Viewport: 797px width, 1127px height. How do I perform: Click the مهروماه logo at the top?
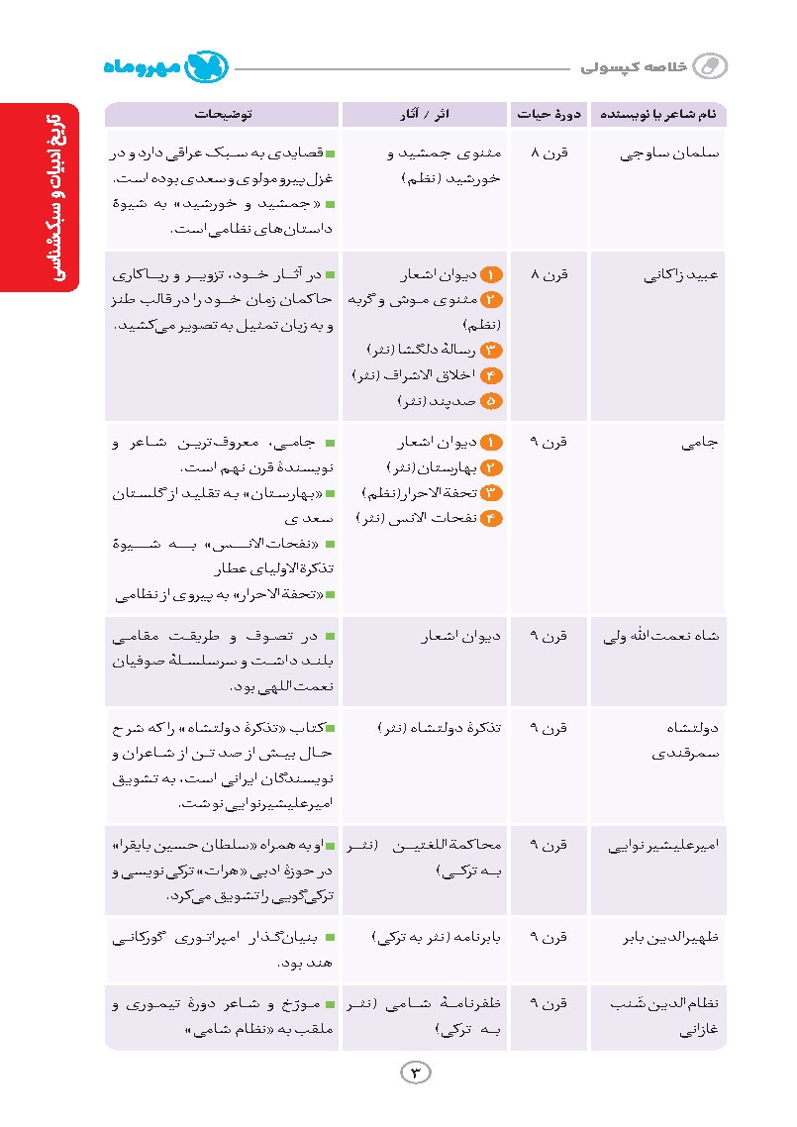coord(167,67)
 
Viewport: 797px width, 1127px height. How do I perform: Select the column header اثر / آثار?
coord(424,115)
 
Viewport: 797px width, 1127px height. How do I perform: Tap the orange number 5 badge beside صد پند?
coord(492,401)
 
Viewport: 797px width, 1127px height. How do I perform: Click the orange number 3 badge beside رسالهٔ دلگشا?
coord(492,350)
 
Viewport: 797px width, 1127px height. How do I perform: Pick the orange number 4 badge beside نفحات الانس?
coord(492,517)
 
